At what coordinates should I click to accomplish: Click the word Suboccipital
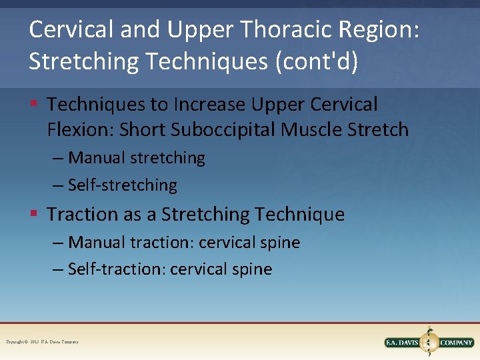[223, 129]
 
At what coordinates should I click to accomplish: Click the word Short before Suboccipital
[142, 129]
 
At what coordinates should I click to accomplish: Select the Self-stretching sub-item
[123, 185]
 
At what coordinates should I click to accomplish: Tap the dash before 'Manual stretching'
[59, 158]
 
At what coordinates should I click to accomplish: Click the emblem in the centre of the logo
[429, 342]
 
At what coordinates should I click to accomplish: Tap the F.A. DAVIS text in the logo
[403, 343]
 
